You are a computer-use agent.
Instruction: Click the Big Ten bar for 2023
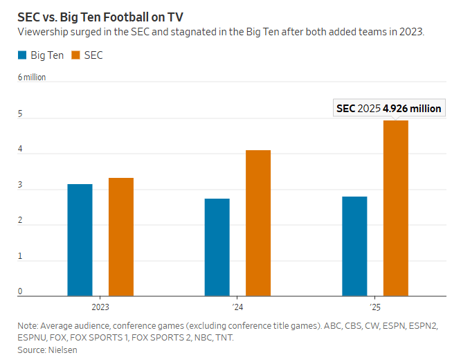80,240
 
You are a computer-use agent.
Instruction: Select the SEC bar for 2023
120,237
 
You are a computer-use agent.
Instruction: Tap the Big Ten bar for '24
217,247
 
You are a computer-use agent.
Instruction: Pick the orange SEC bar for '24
258,223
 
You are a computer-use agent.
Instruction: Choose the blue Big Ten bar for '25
354,246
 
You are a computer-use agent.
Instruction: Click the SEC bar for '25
396,208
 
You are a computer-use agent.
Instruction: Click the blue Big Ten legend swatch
23,55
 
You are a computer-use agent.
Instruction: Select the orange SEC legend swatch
77,55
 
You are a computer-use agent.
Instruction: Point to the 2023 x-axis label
100,305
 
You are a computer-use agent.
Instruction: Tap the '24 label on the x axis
237,305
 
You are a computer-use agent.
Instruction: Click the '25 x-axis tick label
375,305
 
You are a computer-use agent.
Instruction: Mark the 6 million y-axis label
32,78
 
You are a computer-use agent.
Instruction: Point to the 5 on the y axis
20,114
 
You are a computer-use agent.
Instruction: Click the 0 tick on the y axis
20,291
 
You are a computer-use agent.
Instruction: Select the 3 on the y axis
20,185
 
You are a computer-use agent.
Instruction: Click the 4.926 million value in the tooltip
412,109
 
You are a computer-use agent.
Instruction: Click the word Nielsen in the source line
63,350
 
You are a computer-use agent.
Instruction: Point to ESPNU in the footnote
33,338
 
